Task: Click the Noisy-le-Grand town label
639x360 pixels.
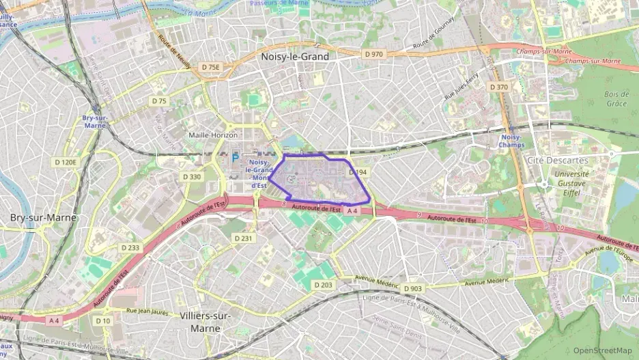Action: (295, 57)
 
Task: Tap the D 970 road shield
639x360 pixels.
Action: (373, 53)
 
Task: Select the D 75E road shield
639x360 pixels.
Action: (211, 67)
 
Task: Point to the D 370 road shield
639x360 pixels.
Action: (498, 87)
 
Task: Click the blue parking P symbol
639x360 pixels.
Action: (235, 158)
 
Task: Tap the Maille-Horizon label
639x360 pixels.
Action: (213, 135)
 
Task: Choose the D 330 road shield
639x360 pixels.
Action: (193, 176)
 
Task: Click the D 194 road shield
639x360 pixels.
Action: (358, 173)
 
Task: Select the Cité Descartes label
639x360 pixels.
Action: (557, 160)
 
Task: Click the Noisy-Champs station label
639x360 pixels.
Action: (511, 141)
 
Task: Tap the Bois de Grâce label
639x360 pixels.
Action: (616, 98)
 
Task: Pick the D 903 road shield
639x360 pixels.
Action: (412, 288)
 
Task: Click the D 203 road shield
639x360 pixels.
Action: (326, 284)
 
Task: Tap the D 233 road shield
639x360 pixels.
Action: (130, 247)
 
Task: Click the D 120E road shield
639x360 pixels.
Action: (66, 162)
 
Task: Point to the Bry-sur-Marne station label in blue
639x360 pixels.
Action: (94, 121)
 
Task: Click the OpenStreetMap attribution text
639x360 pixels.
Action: (603, 350)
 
